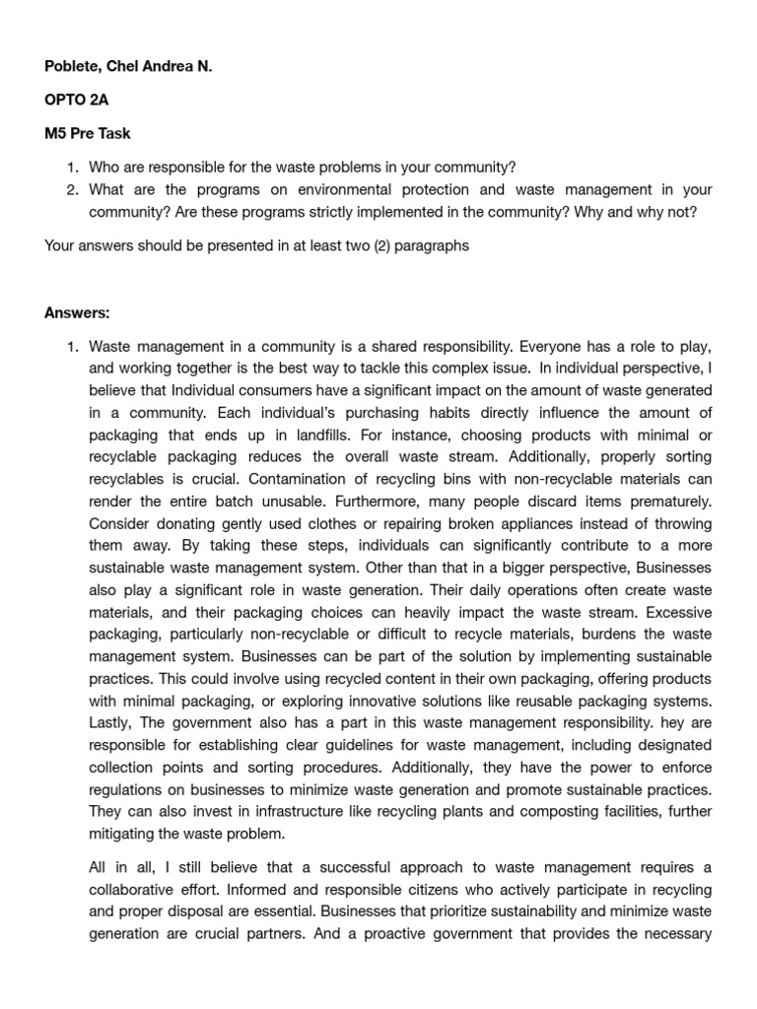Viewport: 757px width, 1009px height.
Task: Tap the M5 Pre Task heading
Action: click(x=87, y=133)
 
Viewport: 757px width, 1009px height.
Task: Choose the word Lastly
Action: click(x=110, y=723)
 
